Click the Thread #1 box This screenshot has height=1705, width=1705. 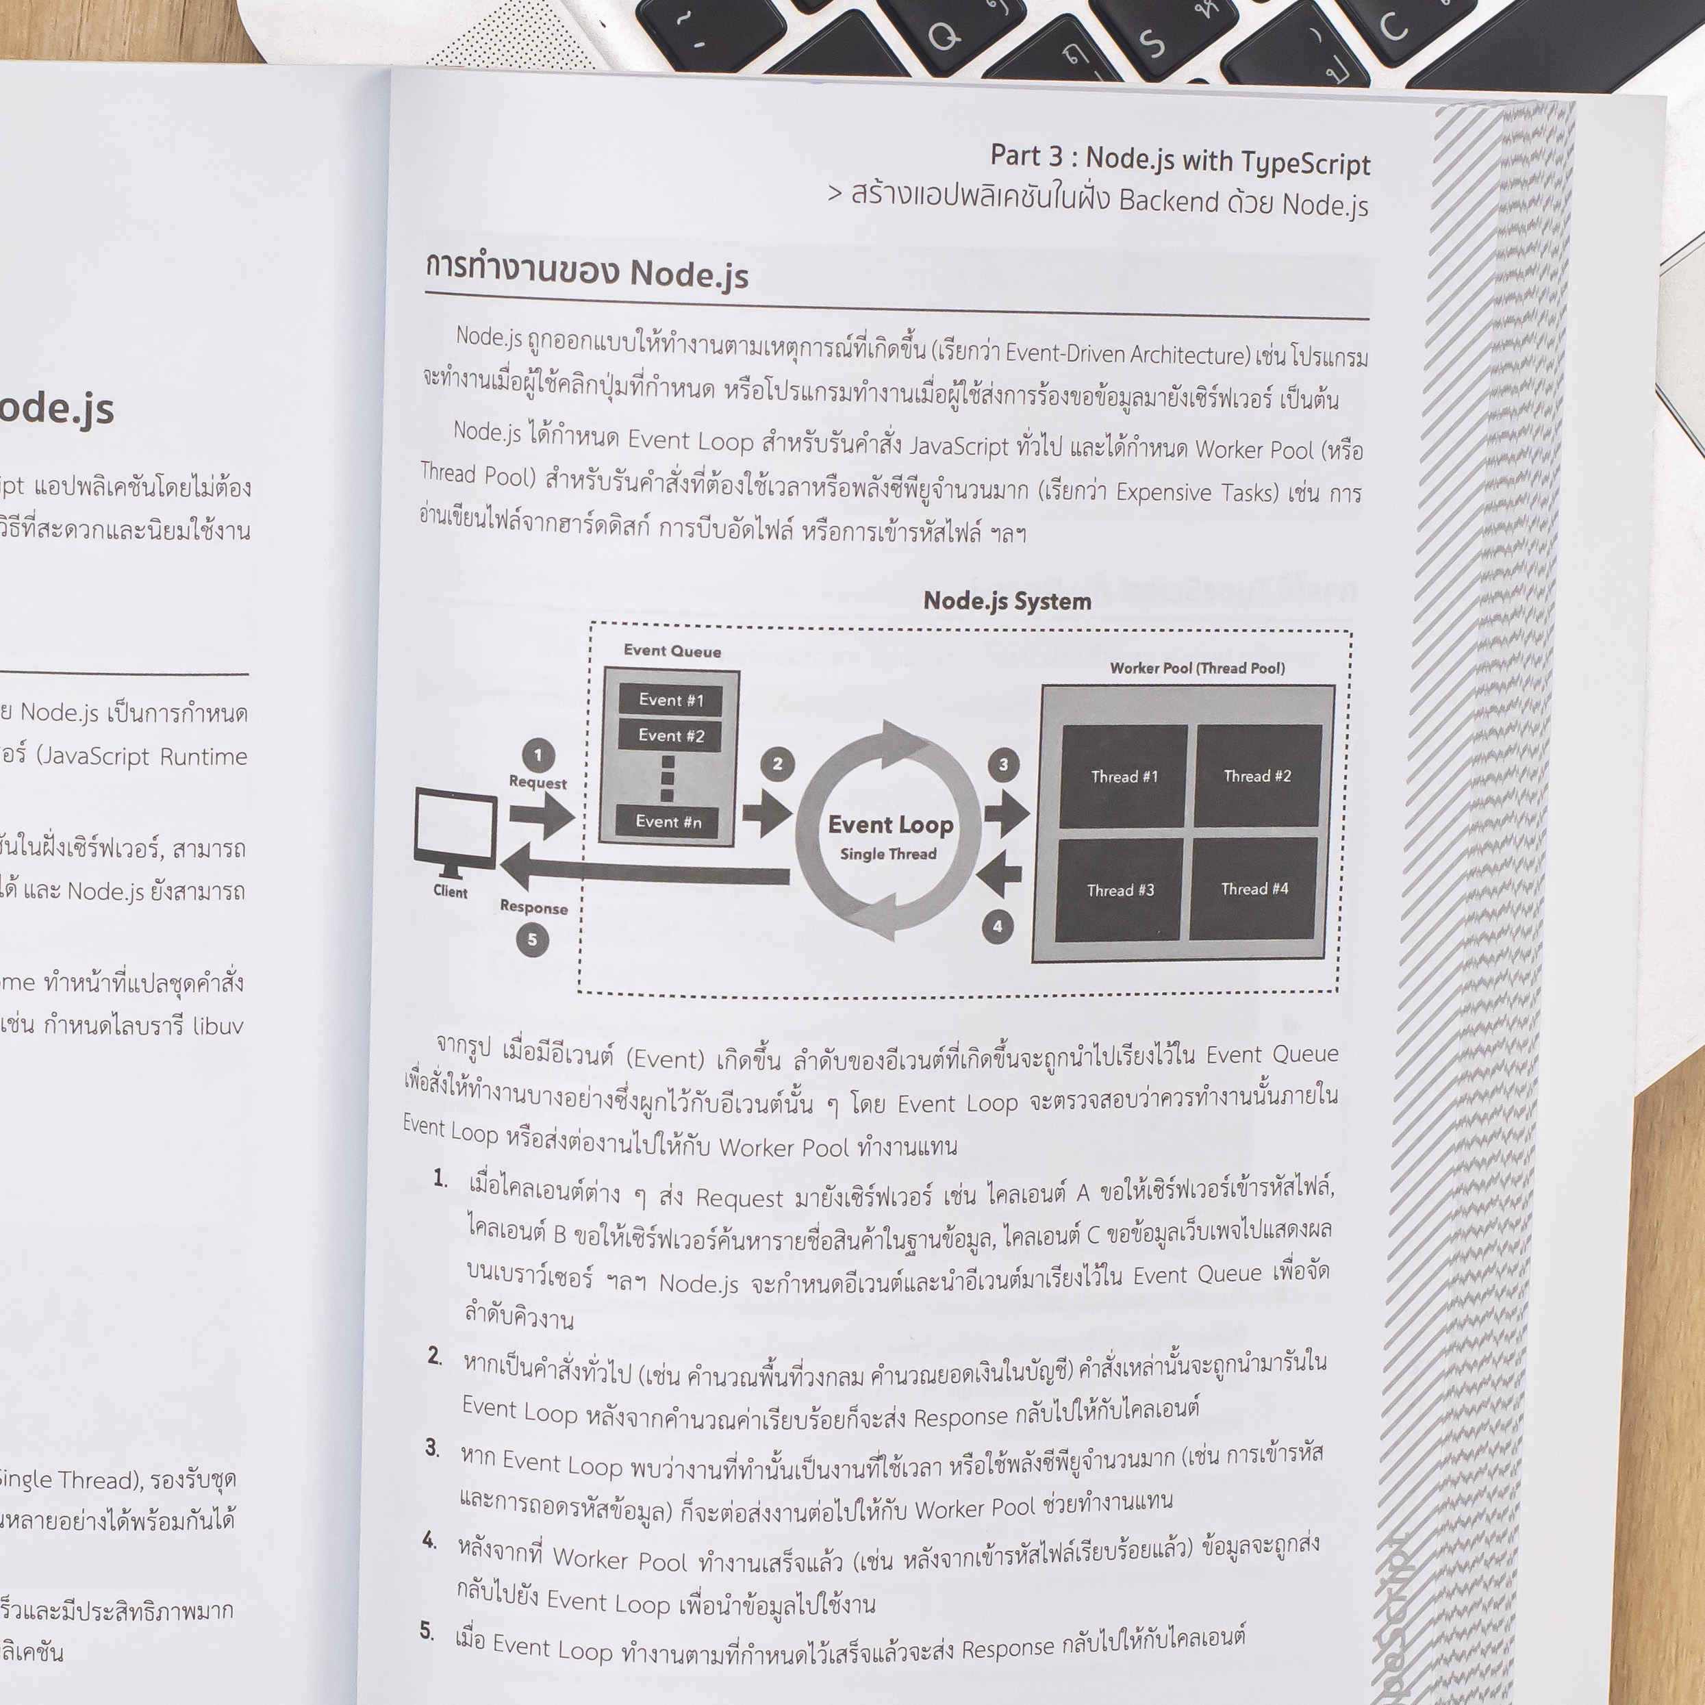[x=1124, y=776]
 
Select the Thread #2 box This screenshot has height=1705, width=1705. [x=1258, y=776]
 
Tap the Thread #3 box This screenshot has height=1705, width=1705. [x=1120, y=889]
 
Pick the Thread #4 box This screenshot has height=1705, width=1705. [x=1254, y=889]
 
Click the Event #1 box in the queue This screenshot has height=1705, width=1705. [x=672, y=700]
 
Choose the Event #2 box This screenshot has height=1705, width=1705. [x=672, y=735]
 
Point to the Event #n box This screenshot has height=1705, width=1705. [x=669, y=822]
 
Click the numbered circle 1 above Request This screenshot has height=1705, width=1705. [x=538, y=755]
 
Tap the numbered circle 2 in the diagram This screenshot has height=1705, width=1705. [x=777, y=763]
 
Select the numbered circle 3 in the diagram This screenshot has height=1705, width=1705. [x=1002, y=764]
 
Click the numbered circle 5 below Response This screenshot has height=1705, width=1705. [x=532, y=939]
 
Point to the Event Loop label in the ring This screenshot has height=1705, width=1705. [x=890, y=825]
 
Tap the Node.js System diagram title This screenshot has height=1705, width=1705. [x=1007, y=602]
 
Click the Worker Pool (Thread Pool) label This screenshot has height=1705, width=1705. [x=1197, y=668]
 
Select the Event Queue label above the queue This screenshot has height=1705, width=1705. [x=672, y=651]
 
